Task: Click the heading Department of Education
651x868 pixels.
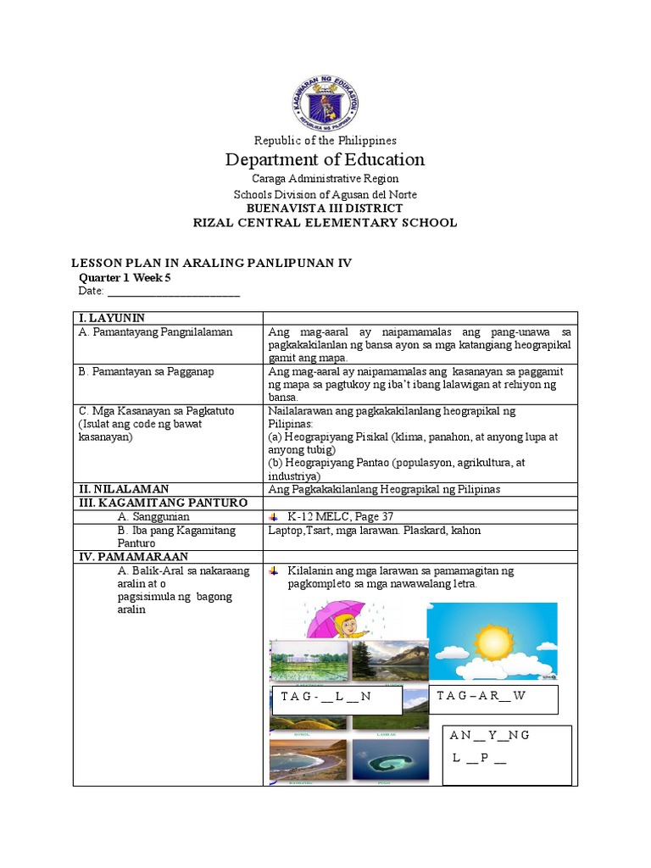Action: (x=325, y=159)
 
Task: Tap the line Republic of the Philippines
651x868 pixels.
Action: (x=325, y=140)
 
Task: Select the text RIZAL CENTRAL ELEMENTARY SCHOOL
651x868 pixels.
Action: (x=325, y=223)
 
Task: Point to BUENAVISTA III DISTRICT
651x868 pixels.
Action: (x=325, y=209)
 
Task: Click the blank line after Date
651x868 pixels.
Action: (x=173, y=292)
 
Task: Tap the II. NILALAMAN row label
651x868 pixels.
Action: (x=124, y=489)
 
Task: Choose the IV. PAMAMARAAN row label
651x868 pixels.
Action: (x=132, y=557)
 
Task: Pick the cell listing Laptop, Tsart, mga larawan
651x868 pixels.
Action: (x=374, y=531)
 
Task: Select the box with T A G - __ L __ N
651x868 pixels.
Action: (x=336, y=699)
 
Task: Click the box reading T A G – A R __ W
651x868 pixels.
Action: (x=493, y=698)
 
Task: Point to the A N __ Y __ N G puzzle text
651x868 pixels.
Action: (x=489, y=735)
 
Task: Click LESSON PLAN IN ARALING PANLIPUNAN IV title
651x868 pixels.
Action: (x=209, y=263)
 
